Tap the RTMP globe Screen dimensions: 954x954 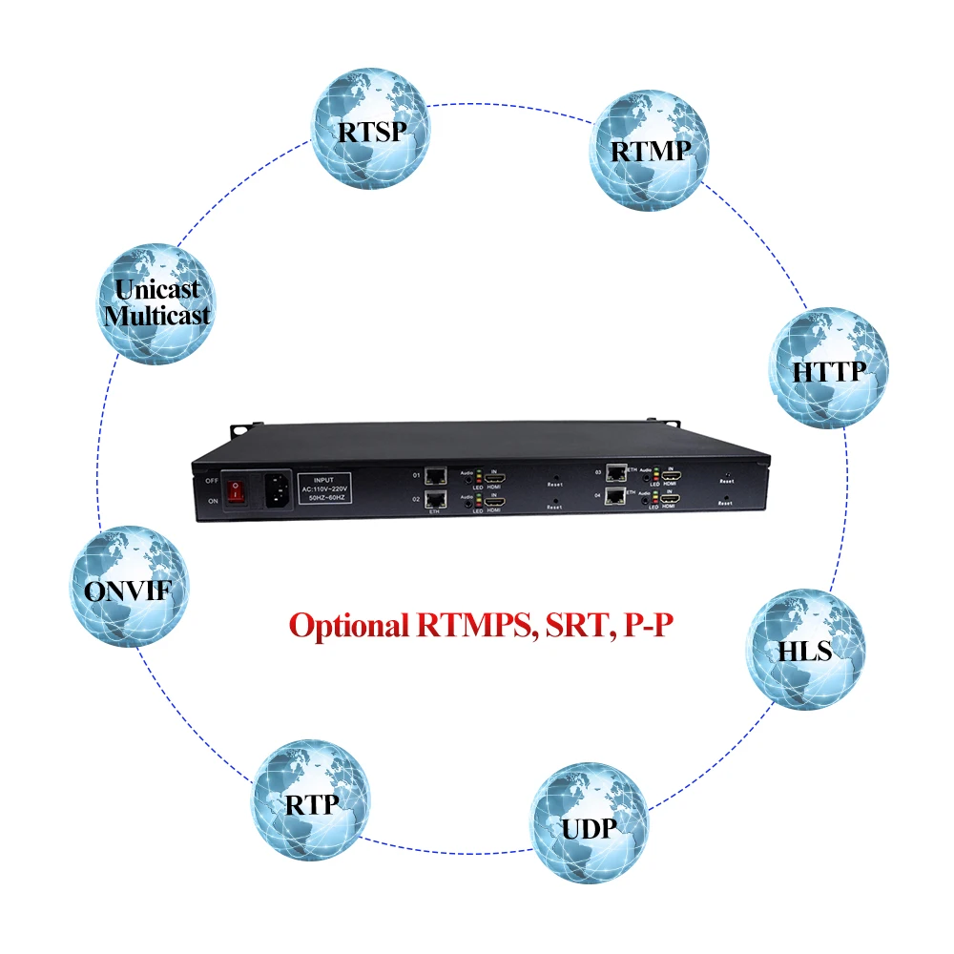[x=648, y=150]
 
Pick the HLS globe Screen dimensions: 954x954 [x=804, y=650]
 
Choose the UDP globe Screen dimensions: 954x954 [x=589, y=822]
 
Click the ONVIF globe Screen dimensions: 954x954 [x=129, y=589]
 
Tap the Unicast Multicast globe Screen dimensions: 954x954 [x=157, y=302]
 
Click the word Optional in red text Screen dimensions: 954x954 [x=349, y=626]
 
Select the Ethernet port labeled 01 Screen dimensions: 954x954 [x=436, y=474]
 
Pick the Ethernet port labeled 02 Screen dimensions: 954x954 [x=436, y=500]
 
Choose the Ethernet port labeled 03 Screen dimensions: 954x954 [x=615, y=471]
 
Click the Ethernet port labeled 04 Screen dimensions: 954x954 [x=615, y=496]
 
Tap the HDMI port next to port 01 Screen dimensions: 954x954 [x=494, y=477]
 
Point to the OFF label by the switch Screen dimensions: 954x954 [x=212, y=480]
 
